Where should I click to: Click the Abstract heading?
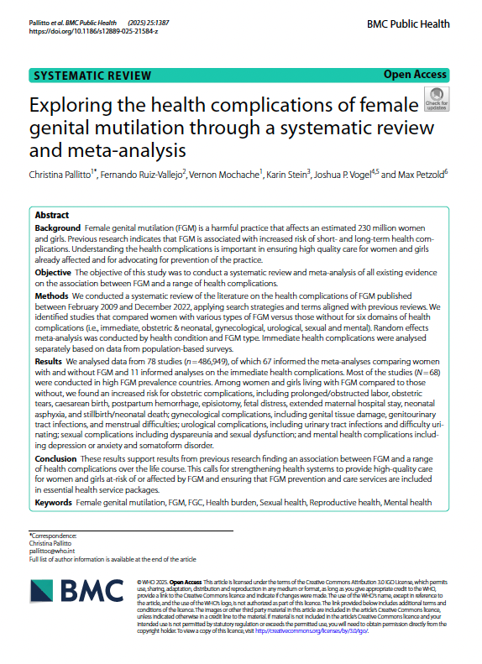coord(52,215)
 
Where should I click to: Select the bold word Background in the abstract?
coord(60,228)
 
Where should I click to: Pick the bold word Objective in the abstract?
coord(56,274)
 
